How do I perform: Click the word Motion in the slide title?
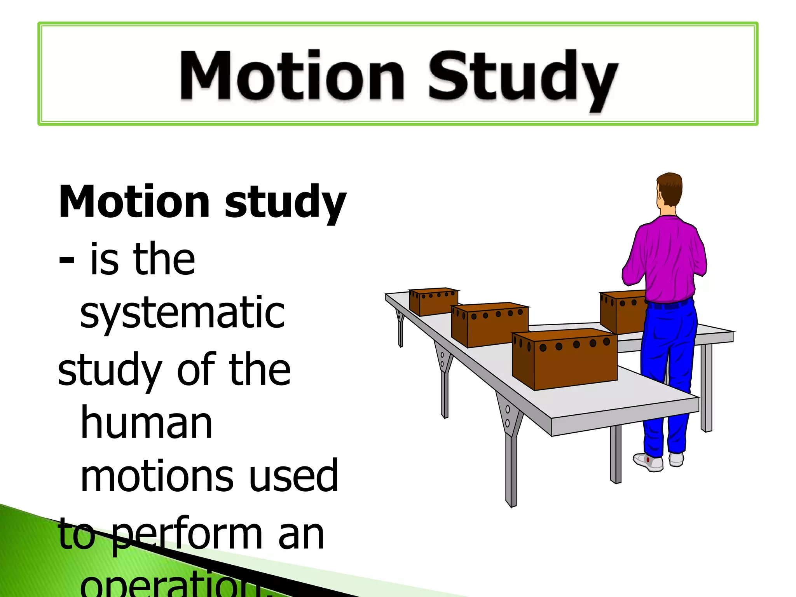click(292, 76)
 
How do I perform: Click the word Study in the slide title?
click(523, 78)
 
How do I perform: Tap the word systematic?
click(182, 313)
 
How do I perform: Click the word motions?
click(157, 476)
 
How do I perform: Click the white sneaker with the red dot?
click(648, 462)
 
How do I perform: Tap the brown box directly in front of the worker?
click(621, 311)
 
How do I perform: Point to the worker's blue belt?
click(669, 305)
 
